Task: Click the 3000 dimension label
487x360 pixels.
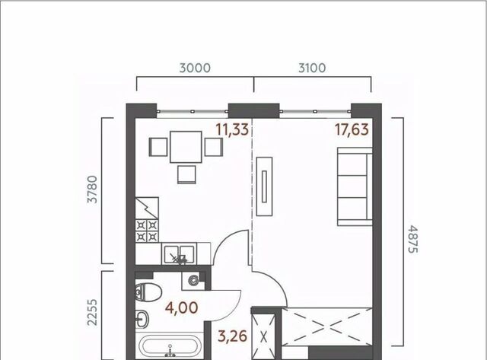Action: pos(195,68)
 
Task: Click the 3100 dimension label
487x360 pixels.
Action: pos(312,68)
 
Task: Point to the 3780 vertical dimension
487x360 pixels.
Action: pos(92,190)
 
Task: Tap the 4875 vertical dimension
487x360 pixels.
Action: pos(412,240)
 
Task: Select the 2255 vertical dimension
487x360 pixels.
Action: pos(92,313)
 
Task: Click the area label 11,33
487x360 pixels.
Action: pos(232,129)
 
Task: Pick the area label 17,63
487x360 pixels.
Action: pos(352,129)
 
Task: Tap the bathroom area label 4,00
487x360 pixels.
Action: pos(181,307)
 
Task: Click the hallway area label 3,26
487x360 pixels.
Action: pos(233,336)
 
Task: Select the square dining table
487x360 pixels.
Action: pos(186,147)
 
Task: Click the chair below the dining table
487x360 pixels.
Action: pos(186,174)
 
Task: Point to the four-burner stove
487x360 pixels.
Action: pos(147,231)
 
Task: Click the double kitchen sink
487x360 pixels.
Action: pos(180,253)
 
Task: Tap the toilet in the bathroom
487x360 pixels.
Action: pos(148,292)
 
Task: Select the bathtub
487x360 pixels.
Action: pos(170,346)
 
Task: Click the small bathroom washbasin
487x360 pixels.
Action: pos(142,319)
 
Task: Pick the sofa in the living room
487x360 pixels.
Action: pos(355,186)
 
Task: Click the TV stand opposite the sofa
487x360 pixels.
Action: pos(264,186)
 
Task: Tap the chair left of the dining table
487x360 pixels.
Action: pos(158,147)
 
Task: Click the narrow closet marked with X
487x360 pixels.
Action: pos(263,336)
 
